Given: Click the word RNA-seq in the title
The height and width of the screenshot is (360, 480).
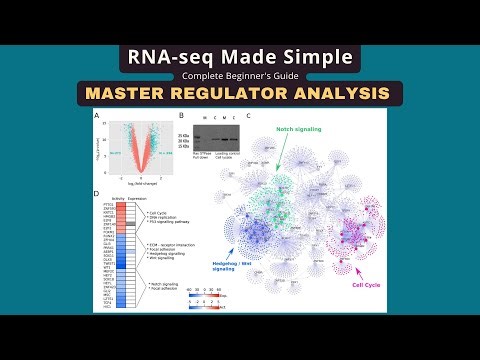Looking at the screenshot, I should tap(167, 57).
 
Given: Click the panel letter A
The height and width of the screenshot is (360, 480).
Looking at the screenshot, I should tap(96, 116).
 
